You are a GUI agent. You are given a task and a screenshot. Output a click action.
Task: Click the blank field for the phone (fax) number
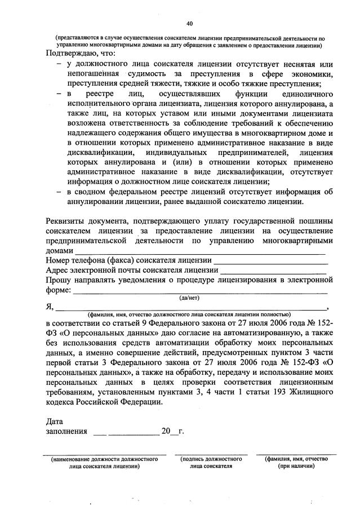point(271,261)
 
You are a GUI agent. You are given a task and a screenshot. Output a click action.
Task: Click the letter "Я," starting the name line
point(50,308)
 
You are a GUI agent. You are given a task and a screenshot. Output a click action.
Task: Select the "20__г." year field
point(172,432)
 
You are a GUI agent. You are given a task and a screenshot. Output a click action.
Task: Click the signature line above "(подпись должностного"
point(211,454)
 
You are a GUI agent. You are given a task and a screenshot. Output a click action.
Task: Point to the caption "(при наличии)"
point(296,467)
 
